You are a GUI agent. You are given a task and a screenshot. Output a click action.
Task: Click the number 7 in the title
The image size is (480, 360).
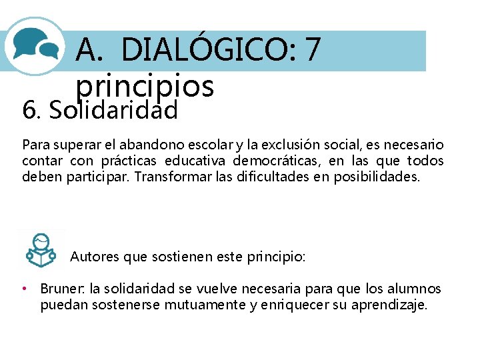coord(313,49)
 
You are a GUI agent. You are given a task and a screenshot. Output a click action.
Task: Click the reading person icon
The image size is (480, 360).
coord(41,249)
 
